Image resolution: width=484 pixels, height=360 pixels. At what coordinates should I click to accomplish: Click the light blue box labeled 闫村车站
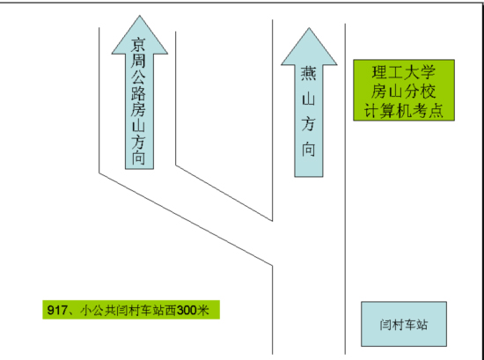404,324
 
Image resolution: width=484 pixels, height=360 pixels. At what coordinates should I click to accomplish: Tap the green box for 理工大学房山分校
404,90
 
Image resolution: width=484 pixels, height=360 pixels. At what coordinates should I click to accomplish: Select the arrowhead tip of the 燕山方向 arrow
309,28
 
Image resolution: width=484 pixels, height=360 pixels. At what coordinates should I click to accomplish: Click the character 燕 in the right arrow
309,74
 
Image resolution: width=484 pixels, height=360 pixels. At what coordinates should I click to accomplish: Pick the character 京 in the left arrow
138,45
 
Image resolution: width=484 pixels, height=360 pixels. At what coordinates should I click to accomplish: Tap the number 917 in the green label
56,310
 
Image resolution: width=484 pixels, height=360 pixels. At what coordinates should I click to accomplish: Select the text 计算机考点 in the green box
404,110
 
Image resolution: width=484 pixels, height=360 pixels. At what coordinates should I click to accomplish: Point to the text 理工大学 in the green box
404,72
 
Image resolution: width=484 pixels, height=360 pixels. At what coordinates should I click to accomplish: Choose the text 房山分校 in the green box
404,91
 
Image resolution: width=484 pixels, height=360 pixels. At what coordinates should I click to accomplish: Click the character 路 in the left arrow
138,93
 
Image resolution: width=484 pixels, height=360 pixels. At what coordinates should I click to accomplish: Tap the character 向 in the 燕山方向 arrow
309,150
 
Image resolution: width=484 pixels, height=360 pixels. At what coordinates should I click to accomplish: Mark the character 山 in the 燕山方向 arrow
309,99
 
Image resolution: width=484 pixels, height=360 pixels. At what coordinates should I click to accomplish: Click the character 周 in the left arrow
138,61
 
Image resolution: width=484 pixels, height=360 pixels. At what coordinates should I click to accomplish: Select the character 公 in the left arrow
138,77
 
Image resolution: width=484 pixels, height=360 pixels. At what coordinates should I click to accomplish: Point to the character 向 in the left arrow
138,158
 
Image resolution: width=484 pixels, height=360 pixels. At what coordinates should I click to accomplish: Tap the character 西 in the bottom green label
171,310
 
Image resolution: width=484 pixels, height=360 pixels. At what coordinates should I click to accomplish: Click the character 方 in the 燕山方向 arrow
309,124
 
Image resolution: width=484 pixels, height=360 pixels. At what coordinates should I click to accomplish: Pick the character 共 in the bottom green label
110,310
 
